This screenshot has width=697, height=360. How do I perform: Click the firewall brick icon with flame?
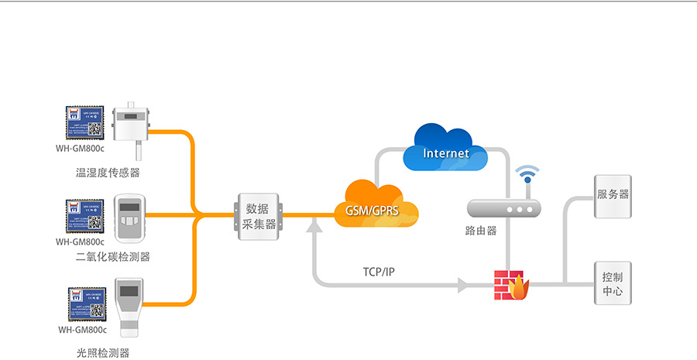[x=511, y=285]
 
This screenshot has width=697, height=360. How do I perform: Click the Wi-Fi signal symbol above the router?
[x=528, y=174]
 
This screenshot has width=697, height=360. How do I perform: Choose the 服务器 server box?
[x=613, y=194]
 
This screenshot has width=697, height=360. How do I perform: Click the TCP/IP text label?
[x=379, y=272]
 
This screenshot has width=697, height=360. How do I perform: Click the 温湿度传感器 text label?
[x=108, y=172]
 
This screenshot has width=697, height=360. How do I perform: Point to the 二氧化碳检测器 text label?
[x=113, y=257]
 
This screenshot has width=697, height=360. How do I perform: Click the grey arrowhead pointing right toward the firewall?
[x=463, y=285]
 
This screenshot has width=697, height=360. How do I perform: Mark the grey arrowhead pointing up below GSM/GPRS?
[x=314, y=225]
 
